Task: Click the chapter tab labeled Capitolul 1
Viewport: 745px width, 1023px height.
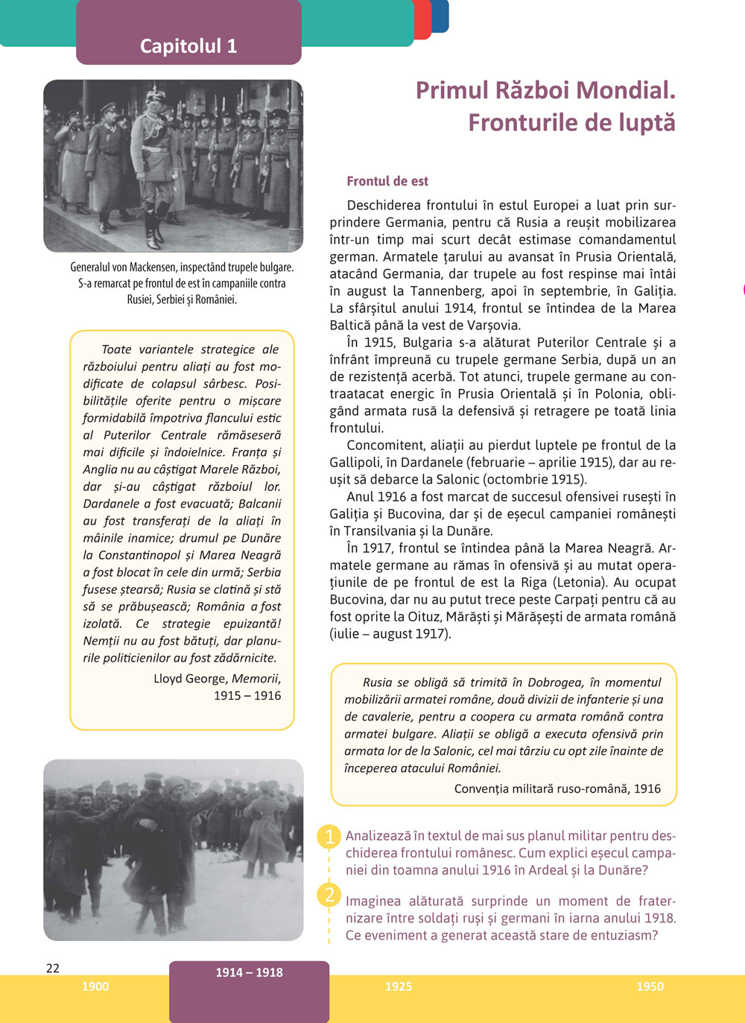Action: tap(188, 46)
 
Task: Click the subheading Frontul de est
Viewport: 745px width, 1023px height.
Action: tap(387, 181)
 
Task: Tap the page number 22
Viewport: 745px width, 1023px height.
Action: tap(53, 968)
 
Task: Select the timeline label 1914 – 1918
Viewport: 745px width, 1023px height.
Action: tap(249, 972)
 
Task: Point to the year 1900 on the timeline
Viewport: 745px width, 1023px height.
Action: tap(95, 986)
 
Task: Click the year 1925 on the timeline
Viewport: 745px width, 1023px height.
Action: tap(399, 986)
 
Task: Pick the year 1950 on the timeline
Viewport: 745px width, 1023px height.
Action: tap(650, 986)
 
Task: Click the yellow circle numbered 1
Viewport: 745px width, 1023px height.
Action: tap(329, 837)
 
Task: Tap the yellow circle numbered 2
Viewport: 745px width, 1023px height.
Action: tap(329, 894)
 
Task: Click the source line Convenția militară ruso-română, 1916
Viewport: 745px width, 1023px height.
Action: tap(557, 788)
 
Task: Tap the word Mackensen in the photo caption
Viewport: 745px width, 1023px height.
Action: tap(155, 267)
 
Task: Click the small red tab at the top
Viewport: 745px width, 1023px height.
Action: tap(422, 19)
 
